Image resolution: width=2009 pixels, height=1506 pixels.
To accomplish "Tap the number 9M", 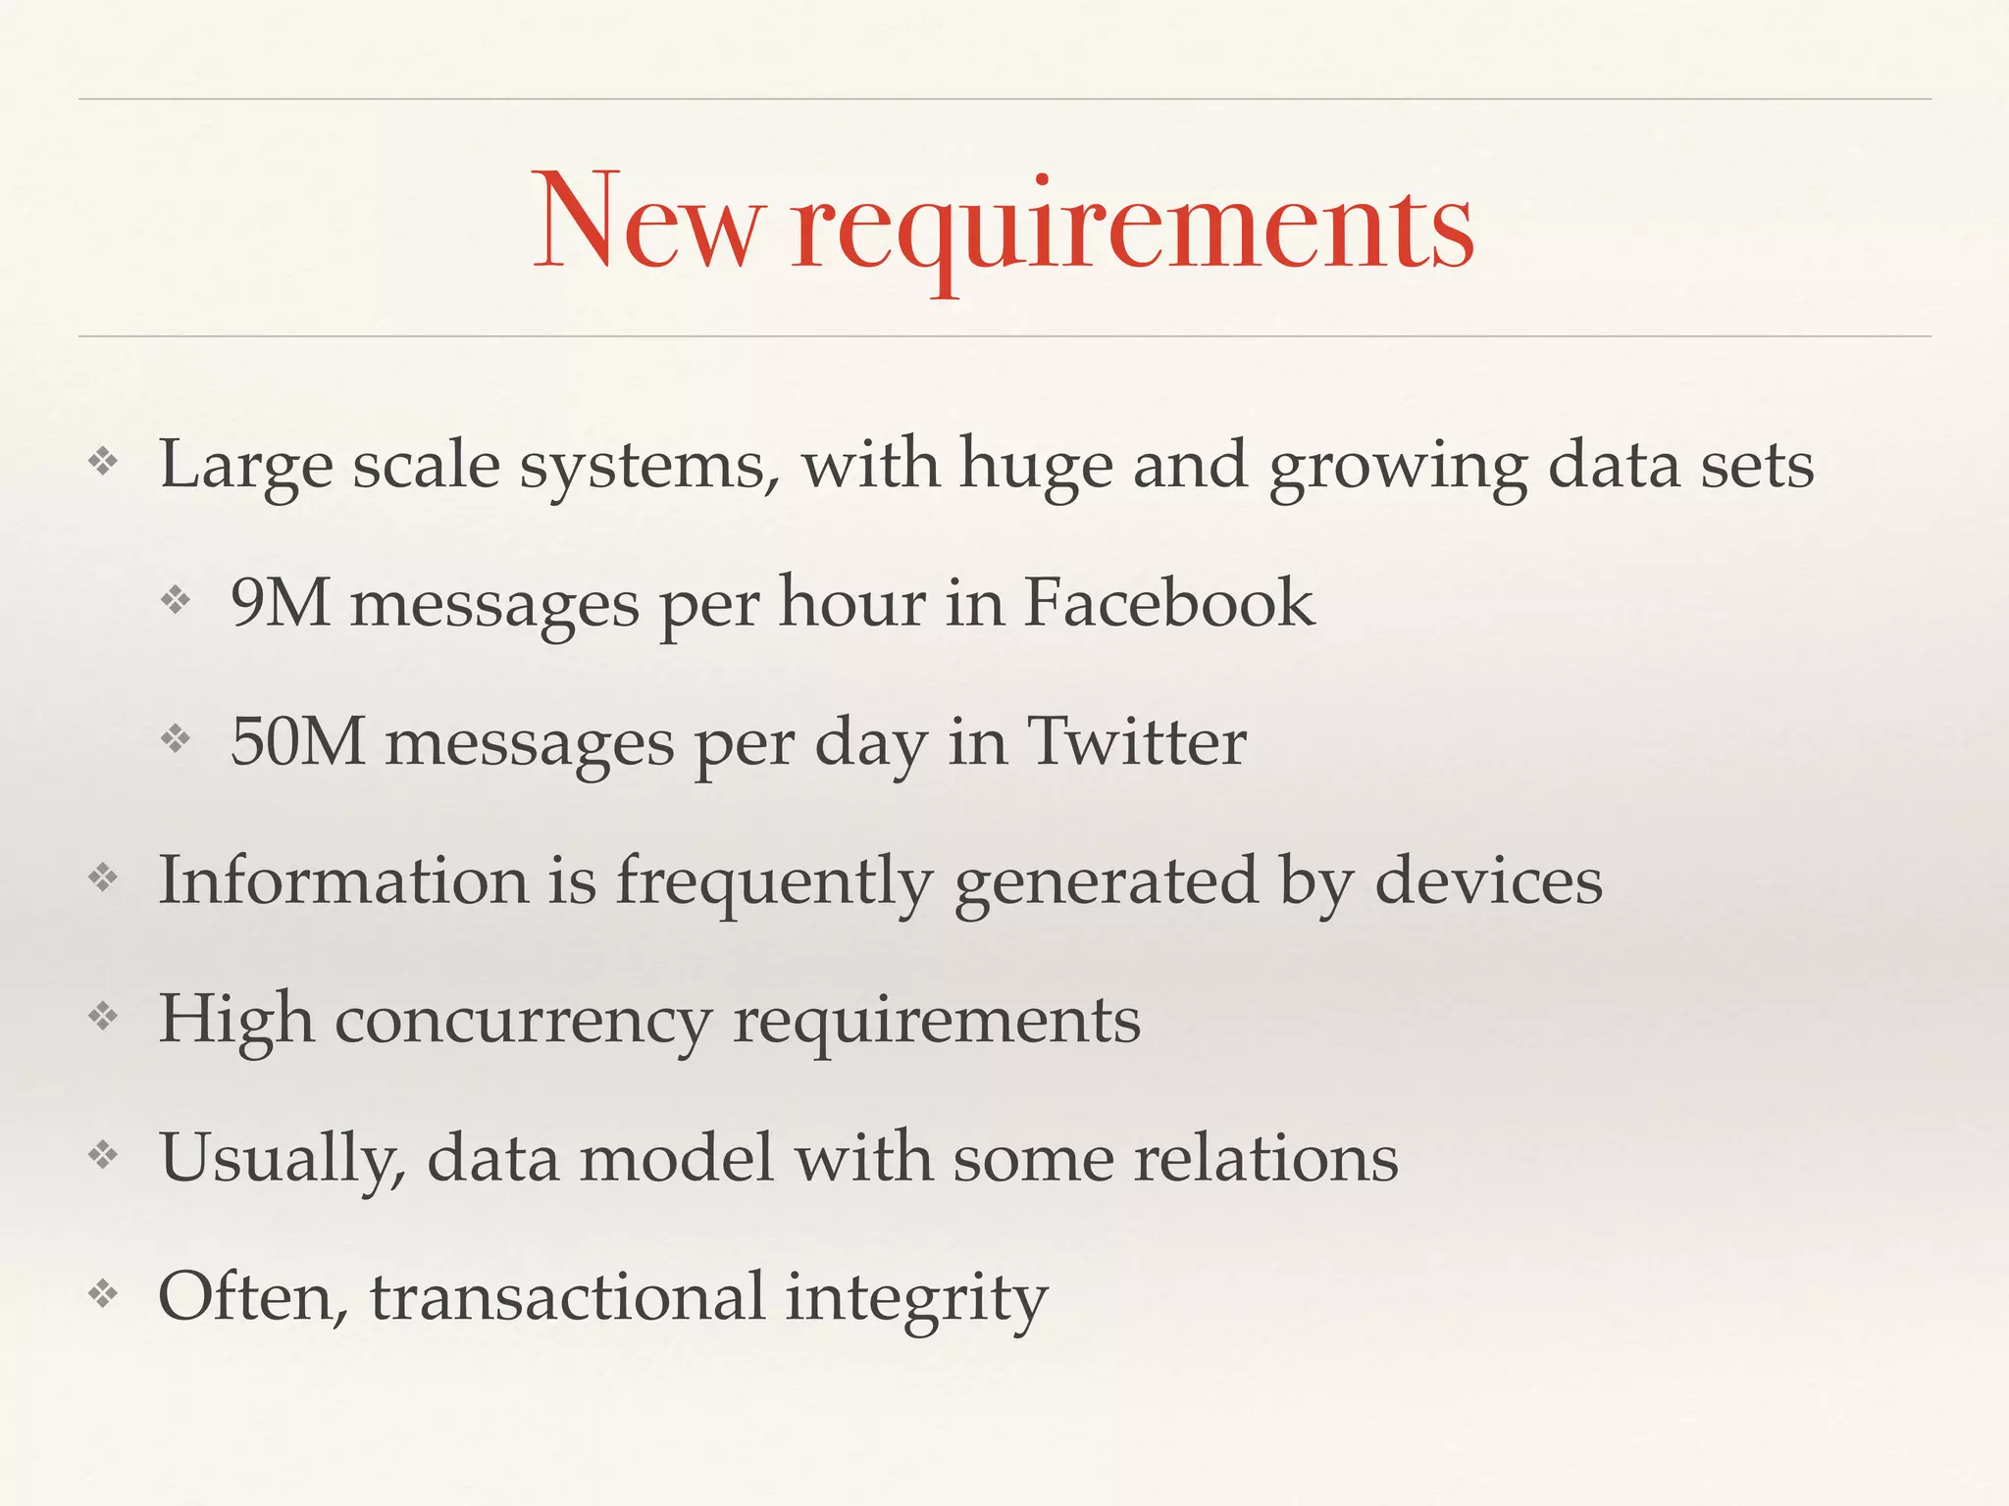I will (x=280, y=602).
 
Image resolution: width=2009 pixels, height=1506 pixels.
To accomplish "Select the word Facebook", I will (x=1168, y=602).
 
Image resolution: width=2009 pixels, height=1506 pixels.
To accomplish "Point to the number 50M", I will (x=297, y=741).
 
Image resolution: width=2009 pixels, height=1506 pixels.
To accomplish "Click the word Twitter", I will (x=1136, y=741).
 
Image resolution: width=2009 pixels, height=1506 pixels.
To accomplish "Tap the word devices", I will (x=1488, y=880).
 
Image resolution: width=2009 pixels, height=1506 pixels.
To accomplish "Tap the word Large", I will (x=245, y=466).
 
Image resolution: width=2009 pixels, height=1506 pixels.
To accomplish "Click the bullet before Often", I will (x=103, y=1295).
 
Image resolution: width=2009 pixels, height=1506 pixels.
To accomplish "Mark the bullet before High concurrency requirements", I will (x=103, y=1017).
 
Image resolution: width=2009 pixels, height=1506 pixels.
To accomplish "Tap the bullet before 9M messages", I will (x=175, y=599).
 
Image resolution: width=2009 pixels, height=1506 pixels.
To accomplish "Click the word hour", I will (x=850, y=602).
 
